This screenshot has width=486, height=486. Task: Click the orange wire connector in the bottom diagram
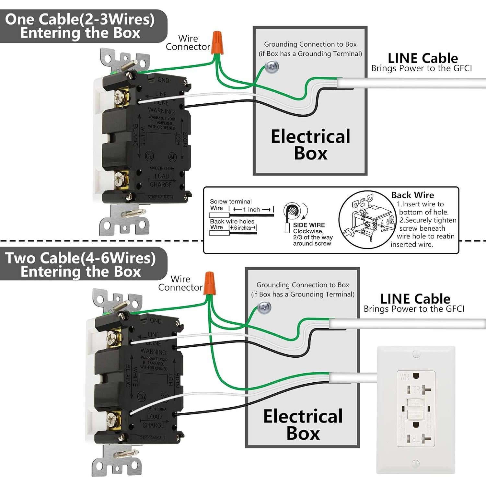[209, 283]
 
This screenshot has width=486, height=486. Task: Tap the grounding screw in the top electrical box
[272, 67]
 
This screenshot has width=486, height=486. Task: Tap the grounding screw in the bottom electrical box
[264, 307]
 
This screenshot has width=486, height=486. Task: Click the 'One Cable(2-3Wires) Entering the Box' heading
[80, 26]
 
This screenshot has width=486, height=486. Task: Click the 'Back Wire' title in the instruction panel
[412, 195]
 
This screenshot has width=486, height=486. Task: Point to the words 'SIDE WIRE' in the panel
[309, 225]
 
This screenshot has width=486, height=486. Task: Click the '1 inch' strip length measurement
[251, 210]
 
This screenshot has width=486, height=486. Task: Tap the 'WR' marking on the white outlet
[405, 377]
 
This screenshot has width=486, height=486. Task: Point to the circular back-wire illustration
[368, 220]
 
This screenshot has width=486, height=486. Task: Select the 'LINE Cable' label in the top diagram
[423, 58]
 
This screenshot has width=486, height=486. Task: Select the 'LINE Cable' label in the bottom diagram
[415, 299]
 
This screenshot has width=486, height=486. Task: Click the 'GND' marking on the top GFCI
[163, 80]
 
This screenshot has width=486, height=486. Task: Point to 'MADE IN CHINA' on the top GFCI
[162, 168]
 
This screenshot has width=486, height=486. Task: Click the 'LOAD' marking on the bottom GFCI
[154, 417]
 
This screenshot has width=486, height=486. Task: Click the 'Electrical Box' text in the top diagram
[310, 145]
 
